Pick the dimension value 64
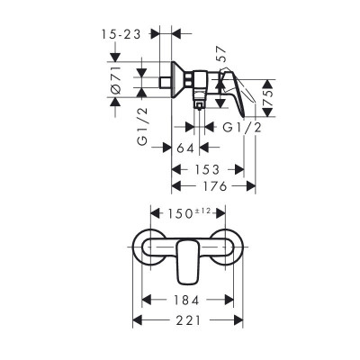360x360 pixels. (187, 148)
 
